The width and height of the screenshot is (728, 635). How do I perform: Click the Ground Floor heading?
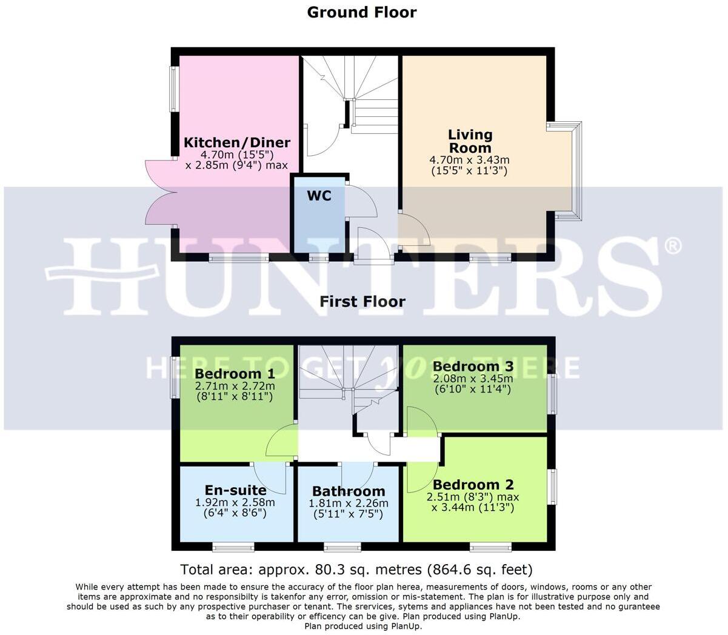pos(362,12)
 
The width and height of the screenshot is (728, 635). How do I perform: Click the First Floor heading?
pos(362,301)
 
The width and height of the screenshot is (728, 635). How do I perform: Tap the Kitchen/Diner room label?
pos(237,143)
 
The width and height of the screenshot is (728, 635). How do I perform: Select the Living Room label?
pos(470,141)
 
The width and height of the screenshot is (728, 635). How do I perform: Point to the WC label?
pos(319,196)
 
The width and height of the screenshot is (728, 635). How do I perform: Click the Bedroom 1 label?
pos(235,373)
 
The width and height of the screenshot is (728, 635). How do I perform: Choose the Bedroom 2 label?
pos(473,485)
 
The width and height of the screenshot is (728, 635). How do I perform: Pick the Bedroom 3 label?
pos(473,367)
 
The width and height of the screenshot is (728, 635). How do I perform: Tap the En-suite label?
pos(235,490)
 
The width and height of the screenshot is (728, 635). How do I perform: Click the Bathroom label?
pos(349,491)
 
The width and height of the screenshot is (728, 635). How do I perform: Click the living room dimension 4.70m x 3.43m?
pos(470,161)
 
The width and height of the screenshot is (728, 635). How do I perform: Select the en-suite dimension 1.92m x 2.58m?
pos(235,503)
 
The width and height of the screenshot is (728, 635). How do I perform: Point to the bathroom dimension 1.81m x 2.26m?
pos(349,504)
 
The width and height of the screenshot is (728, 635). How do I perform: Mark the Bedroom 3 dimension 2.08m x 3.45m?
pos(473,379)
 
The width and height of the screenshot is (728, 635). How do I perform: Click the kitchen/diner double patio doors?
pos(159,193)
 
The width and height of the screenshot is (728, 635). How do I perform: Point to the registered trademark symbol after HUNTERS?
pos(672,245)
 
